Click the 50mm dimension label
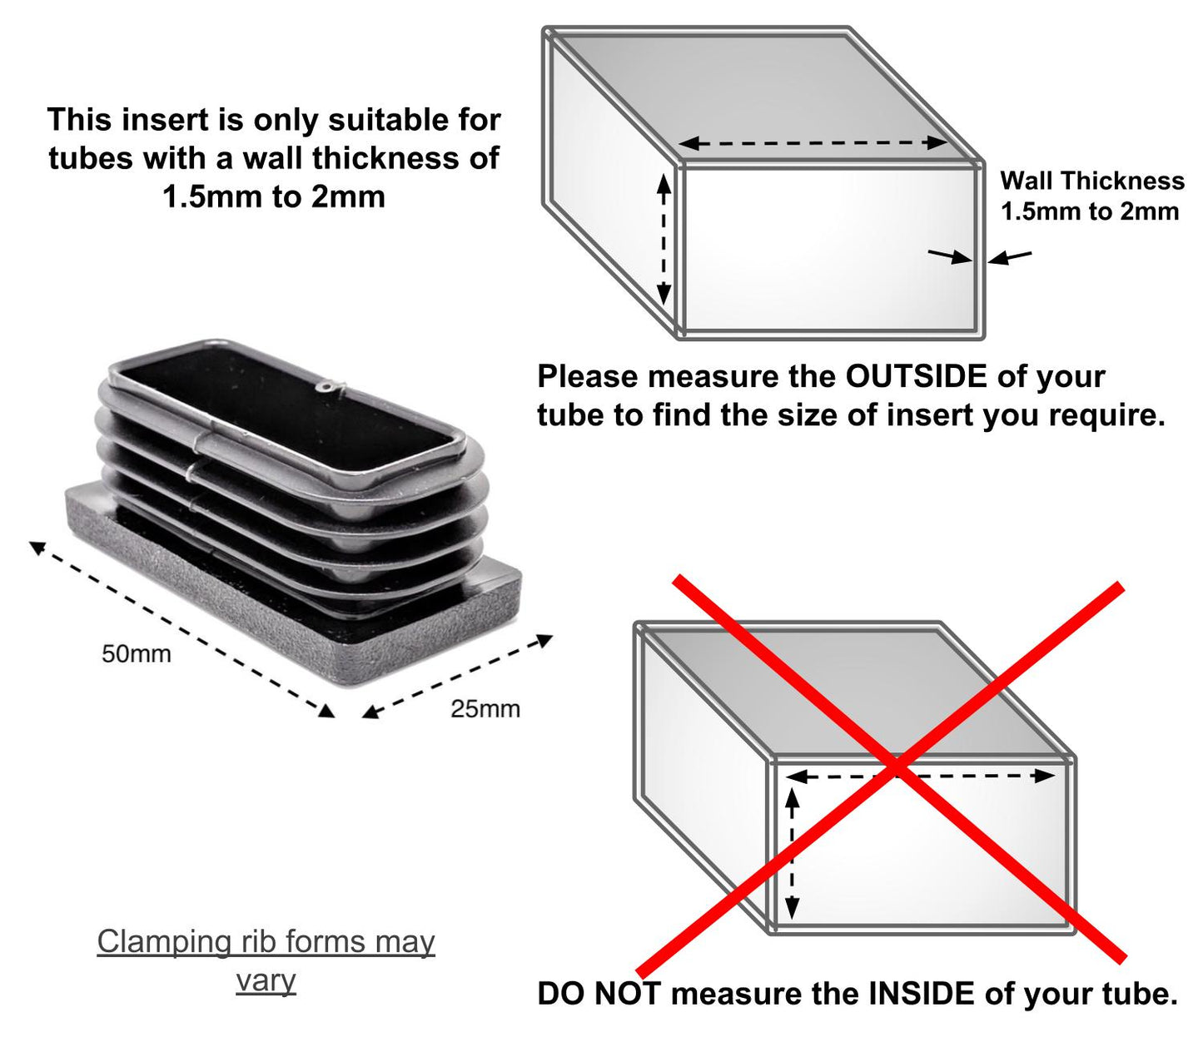coord(137,654)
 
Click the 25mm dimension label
coord(485,709)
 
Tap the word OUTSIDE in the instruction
coord(916,376)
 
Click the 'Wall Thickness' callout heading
coord(1092,181)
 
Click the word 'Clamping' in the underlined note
coord(164,942)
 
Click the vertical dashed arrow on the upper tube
coord(664,241)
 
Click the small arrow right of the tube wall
coord(1010,256)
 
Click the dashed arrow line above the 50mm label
coord(182,629)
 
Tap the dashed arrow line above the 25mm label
coord(457,676)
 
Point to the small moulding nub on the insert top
coord(334,386)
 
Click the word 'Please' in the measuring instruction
coord(588,376)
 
